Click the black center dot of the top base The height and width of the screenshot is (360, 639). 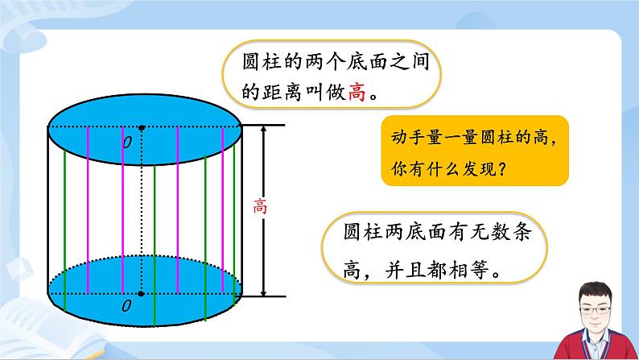point(142,127)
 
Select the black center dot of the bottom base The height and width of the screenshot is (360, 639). point(142,295)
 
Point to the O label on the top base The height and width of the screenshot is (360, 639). point(126,142)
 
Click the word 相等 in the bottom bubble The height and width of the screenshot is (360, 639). point(476,267)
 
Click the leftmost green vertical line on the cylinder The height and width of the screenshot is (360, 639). point(65,234)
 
